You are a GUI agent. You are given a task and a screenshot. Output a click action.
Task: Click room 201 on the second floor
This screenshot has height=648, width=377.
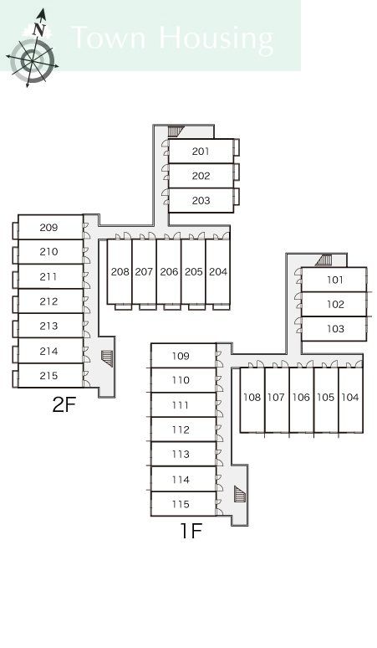(x=201, y=152)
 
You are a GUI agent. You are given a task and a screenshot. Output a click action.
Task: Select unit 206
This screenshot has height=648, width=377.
(x=169, y=272)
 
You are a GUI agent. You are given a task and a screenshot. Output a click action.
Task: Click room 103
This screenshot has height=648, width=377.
(x=334, y=329)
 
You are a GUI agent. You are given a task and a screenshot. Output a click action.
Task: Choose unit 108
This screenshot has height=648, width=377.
(x=252, y=398)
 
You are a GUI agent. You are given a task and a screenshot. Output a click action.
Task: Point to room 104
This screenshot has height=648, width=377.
(x=350, y=398)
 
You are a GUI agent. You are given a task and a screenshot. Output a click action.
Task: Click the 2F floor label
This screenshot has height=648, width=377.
(x=64, y=405)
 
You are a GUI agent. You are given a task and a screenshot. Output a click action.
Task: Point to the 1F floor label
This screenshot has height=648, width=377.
(x=191, y=531)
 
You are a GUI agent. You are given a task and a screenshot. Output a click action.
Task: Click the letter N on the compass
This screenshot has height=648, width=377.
(x=38, y=29)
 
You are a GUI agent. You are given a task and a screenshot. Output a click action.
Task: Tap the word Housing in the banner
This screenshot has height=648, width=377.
(x=216, y=39)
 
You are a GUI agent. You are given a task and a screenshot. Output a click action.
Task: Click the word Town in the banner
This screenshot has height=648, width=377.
(x=109, y=37)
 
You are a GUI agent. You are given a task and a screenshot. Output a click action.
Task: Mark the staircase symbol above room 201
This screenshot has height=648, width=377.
(x=176, y=131)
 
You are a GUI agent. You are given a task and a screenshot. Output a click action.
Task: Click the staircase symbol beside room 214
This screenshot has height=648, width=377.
(x=107, y=358)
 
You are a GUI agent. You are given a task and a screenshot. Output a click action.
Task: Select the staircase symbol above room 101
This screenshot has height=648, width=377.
(x=324, y=260)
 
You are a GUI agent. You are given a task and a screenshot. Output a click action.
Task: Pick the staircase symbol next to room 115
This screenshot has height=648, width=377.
(x=240, y=494)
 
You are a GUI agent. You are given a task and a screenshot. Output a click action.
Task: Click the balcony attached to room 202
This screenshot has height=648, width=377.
(x=237, y=172)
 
